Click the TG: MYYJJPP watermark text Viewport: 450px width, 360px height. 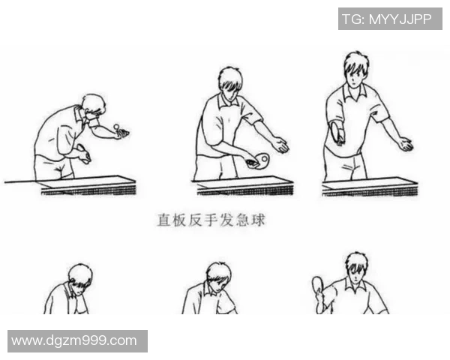(x=387, y=19)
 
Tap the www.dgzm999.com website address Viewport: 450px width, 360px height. (x=74, y=340)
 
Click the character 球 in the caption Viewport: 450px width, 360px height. (x=257, y=220)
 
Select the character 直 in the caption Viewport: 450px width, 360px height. (x=164, y=220)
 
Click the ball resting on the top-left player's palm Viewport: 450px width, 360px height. (x=117, y=127)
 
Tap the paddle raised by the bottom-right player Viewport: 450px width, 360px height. (x=318, y=285)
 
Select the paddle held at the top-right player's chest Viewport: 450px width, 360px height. (x=335, y=132)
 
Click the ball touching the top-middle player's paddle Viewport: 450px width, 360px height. (x=264, y=158)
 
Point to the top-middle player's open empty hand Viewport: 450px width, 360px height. (x=280, y=145)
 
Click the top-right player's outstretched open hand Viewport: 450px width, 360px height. (x=405, y=145)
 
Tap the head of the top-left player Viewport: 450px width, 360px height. (x=93, y=106)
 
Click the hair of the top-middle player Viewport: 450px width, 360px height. (x=230, y=77)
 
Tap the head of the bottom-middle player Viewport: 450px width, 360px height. (x=218, y=274)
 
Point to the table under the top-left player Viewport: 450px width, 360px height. (x=86, y=185)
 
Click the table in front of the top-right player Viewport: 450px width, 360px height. (x=369, y=187)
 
